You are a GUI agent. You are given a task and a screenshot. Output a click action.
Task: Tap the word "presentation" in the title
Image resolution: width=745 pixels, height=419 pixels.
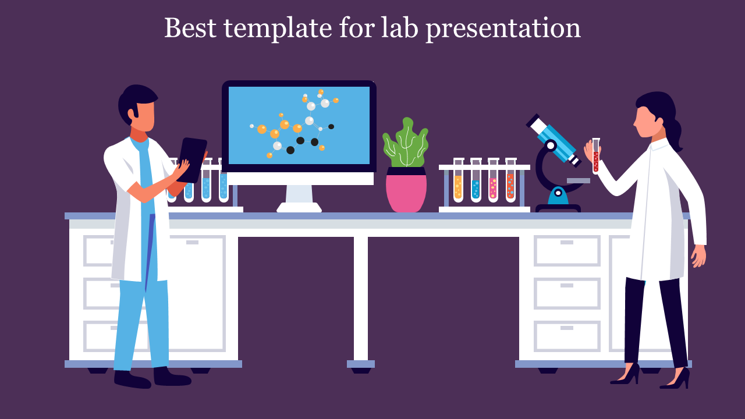(x=503, y=29)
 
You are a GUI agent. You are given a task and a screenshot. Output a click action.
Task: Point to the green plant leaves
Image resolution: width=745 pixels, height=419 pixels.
(x=406, y=143)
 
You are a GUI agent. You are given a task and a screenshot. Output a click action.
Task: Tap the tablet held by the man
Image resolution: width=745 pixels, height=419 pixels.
(x=192, y=159)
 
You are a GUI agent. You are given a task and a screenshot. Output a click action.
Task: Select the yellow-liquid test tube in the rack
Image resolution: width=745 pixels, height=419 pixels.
(x=458, y=180)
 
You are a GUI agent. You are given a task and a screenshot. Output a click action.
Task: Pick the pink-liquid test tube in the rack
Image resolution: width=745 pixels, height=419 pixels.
(x=493, y=180)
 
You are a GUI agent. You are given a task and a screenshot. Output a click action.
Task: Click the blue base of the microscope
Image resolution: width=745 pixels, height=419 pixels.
(x=558, y=196)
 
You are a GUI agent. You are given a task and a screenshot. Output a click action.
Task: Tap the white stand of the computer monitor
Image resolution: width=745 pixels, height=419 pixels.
(x=299, y=198)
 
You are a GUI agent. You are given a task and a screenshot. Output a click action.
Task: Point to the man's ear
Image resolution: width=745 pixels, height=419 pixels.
(x=135, y=112)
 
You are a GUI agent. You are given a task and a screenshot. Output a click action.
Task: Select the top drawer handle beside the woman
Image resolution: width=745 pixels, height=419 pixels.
(x=567, y=243)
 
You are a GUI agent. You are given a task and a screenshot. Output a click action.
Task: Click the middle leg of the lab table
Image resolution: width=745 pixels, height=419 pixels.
(x=361, y=299)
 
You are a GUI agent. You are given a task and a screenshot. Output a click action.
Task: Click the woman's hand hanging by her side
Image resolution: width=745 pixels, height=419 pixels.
(x=698, y=256)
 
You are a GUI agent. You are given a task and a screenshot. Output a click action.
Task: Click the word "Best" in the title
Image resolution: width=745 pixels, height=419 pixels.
(x=190, y=27)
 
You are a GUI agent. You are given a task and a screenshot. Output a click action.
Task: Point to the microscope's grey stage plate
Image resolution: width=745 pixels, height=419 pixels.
(x=579, y=181)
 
